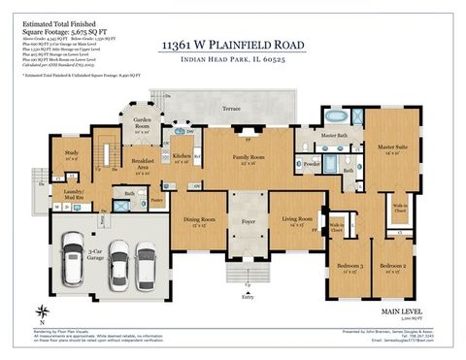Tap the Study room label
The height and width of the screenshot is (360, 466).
(71, 153)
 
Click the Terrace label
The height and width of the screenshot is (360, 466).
(230, 109)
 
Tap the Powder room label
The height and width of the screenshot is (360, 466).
(313, 164)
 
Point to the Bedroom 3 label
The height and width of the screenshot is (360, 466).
(349, 266)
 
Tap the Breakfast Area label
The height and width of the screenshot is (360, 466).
(145, 163)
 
